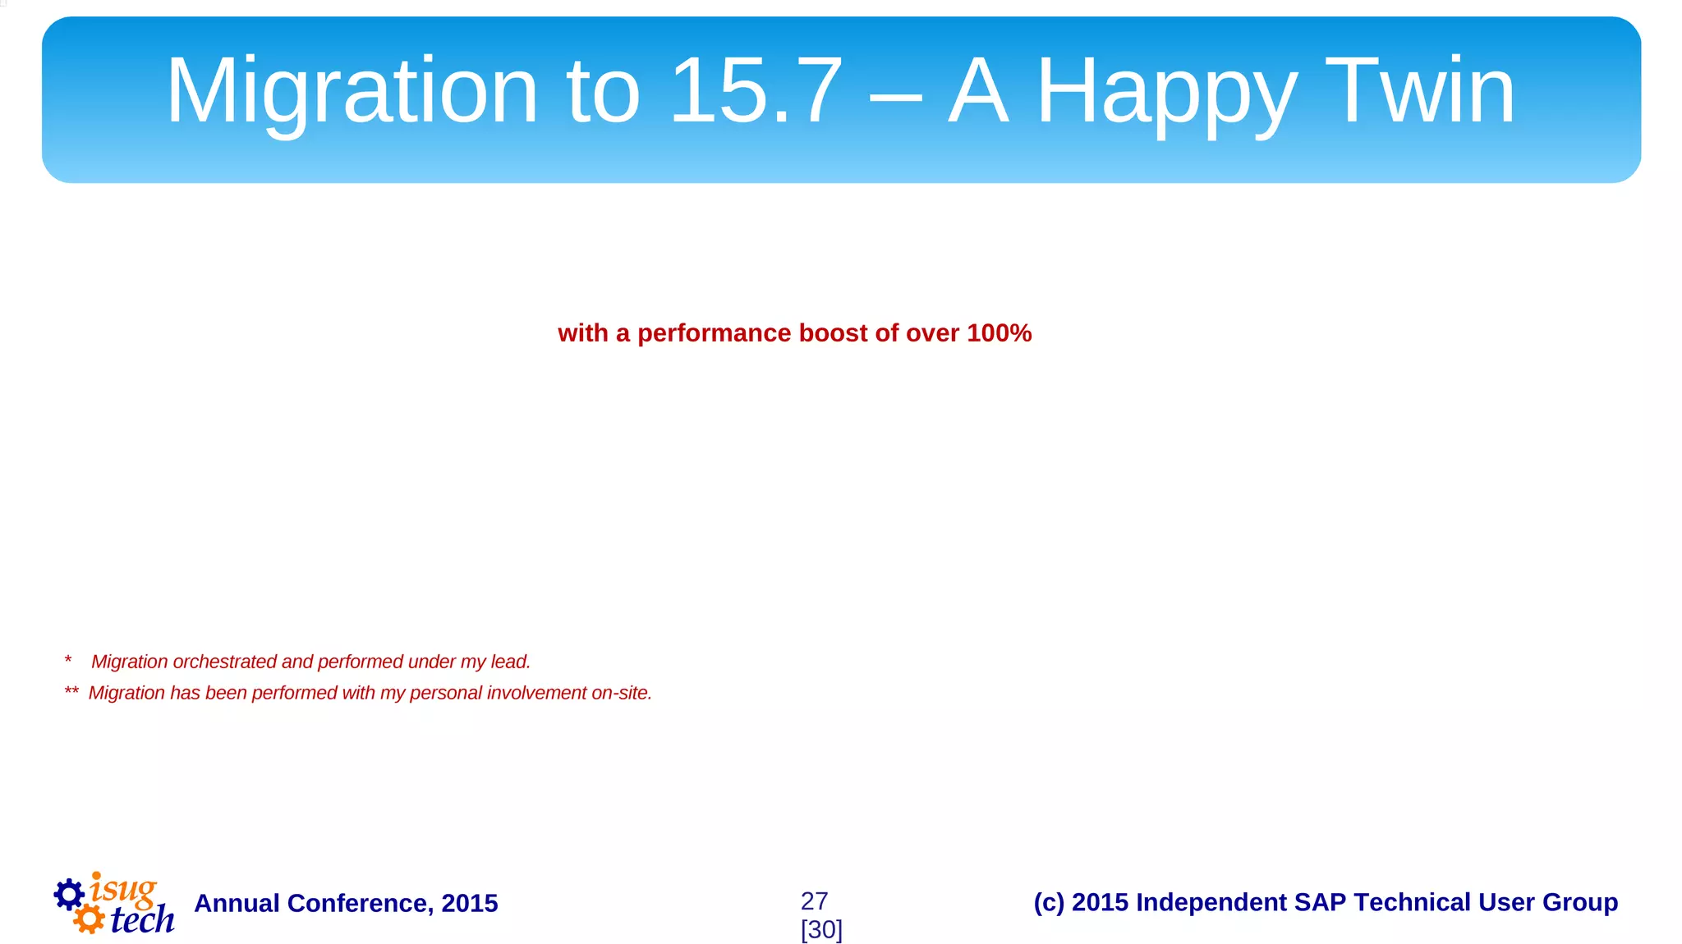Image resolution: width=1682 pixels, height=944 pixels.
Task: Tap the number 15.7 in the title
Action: coord(756,90)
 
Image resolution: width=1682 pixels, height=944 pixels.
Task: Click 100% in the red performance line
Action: coord(999,333)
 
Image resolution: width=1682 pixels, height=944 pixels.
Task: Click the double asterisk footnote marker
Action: coord(71,692)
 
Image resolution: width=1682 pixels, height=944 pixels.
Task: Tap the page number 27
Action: coord(814,901)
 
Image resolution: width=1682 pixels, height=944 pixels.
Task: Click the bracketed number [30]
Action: coord(821,930)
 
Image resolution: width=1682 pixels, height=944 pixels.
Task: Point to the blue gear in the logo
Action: coord(69,894)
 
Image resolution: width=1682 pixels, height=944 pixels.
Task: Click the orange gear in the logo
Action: coord(89,919)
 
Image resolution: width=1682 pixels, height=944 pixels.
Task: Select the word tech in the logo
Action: coord(142,920)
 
